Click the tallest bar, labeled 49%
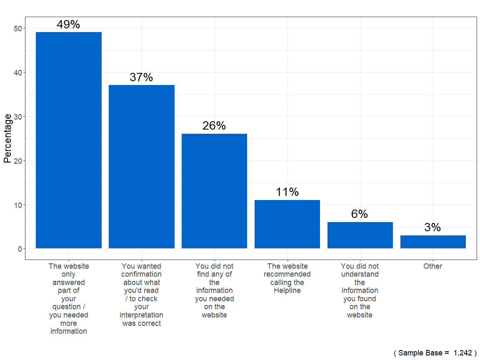69,140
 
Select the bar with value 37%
142,167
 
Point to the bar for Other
433,242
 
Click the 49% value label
68,25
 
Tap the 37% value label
141,77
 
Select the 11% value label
287,192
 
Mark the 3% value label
432,227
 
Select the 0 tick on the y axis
19,249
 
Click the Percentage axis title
7,138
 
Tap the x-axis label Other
432,266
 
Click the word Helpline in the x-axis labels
287,291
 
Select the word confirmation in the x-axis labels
141,274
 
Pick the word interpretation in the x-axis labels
141,315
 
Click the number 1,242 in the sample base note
462,353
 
